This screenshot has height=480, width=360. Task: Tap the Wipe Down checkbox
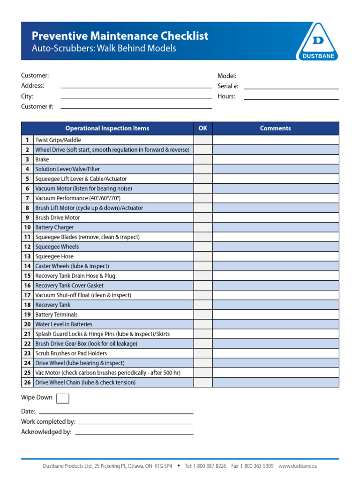(x=62, y=398)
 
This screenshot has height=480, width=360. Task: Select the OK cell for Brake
(x=203, y=159)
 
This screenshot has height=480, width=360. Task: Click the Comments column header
(x=276, y=128)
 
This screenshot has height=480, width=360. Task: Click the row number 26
(x=27, y=382)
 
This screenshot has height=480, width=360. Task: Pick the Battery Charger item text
(x=54, y=227)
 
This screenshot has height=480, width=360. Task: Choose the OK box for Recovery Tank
(x=203, y=305)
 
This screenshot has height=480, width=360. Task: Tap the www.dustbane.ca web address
(x=298, y=466)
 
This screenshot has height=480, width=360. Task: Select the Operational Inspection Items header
(x=107, y=128)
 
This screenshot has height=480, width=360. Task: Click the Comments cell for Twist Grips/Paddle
(x=276, y=140)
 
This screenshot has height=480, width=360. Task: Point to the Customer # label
(x=37, y=106)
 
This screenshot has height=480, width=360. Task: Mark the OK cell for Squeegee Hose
(x=203, y=256)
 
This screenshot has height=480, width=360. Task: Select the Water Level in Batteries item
(x=64, y=324)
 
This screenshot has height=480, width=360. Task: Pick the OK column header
(x=203, y=128)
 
